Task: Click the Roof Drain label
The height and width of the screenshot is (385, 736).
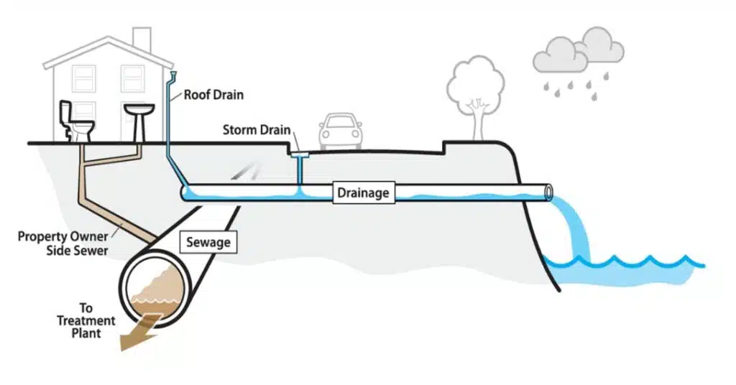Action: coord(213,94)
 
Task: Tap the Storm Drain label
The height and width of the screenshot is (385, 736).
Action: coord(257,131)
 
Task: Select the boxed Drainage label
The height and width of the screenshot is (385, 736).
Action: coord(364,192)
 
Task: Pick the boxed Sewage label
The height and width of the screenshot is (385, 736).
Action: coord(208,242)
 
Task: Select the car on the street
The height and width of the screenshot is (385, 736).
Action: coord(341,131)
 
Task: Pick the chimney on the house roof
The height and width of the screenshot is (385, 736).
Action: coord(142,39)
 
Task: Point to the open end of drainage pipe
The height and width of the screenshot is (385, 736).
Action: coord(549,192)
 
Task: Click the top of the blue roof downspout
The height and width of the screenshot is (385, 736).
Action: coord(175,75)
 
